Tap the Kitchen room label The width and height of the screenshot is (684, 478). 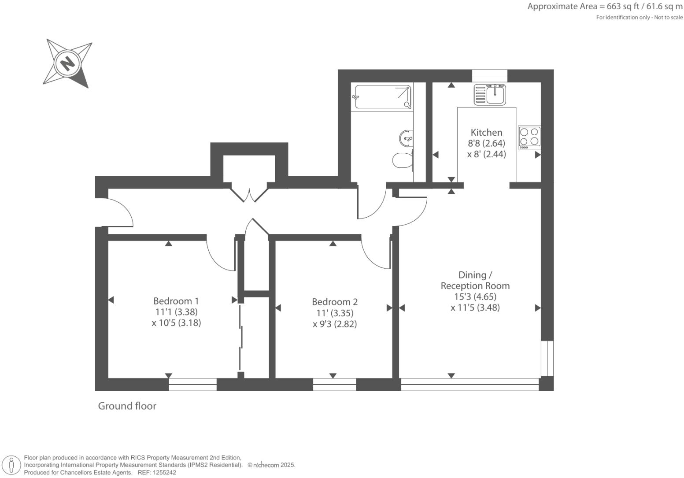(x=486, y=132)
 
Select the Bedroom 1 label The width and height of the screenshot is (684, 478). (x=176, y=301)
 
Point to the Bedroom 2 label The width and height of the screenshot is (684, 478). (x=335, y=302)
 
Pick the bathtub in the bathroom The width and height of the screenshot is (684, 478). (x=382, y=97)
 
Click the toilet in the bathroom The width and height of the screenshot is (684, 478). (x=402, y=160)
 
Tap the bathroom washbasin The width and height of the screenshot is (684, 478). (x=406, y=138)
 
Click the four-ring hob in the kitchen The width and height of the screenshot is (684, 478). (x=529, y=137)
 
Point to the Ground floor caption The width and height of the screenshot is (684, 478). (x=127, y=406)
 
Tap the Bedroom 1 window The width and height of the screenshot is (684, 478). (x=193, y=385)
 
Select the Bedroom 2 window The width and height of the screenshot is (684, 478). (x=335, y=385)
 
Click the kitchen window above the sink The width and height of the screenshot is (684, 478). (x=489, y=76)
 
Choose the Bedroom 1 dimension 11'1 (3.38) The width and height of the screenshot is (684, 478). (x=176, y=312)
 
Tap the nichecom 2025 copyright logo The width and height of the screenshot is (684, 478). (x=271, y=465)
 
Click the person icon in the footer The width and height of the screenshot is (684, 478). (x=12, y=465)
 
